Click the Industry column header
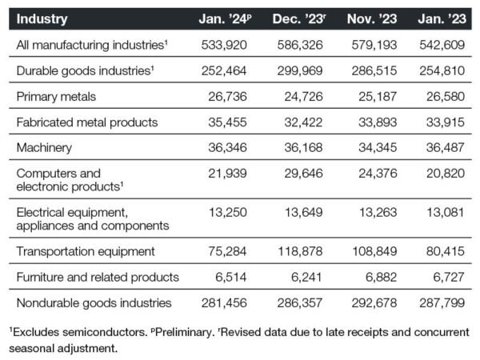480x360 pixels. (42, 19)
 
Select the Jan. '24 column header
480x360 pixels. (225, 19)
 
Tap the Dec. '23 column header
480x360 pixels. (299, 19)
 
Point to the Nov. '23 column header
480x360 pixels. (372, 19)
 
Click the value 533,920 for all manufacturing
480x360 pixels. (224, 45)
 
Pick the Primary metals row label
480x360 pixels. (56, 97)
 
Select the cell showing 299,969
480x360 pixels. (300, 70)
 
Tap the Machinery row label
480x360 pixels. (44, 148)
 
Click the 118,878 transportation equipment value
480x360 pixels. (300, 251)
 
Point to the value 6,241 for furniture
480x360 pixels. (306, 278)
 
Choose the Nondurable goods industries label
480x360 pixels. (94, 303)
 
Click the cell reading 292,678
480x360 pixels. (374, 303)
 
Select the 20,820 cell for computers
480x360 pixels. (446, 174)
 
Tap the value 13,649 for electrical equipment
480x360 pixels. (304, 213)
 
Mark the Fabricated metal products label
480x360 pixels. (87, 122)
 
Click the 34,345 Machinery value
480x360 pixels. (378, 148)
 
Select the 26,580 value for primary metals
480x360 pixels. (446, 97)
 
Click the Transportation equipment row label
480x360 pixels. (86, 252)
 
